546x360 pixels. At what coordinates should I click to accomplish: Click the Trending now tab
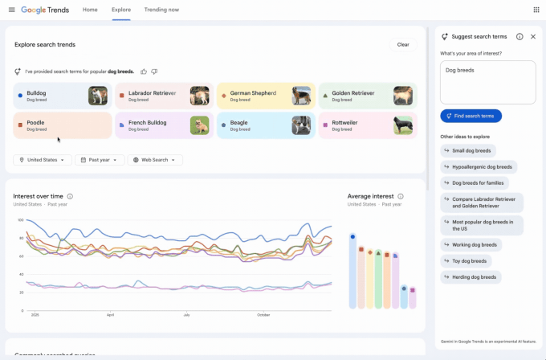[161, 10]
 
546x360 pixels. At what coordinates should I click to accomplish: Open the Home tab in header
[90, 10]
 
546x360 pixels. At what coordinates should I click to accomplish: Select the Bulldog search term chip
[48, 96]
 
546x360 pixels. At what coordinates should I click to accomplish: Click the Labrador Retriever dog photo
[199, 96]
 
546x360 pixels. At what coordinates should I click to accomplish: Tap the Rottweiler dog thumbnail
[403, 125]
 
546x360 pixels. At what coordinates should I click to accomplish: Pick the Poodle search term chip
[48, 125]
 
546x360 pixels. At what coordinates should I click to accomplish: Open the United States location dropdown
[42, 160]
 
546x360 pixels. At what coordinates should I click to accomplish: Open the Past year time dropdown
[100, 160]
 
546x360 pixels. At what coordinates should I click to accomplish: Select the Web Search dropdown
[155, 160]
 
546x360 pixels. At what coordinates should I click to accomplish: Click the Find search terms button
[471, 116]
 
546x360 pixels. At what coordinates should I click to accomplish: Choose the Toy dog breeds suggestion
[470, 261]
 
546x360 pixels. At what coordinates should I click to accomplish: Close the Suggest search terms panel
[533, 37]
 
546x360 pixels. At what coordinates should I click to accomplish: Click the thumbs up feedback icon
[144, 72]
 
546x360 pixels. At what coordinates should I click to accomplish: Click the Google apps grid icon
[536, 10]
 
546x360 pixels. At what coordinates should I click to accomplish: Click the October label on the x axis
[263, 315]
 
